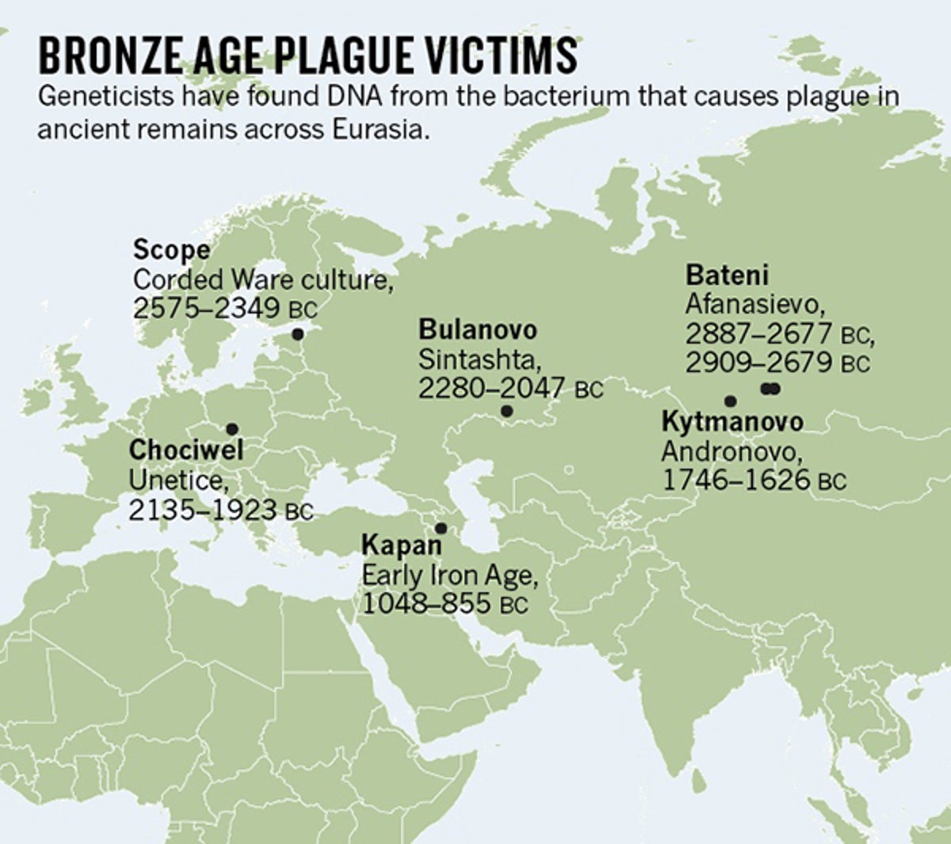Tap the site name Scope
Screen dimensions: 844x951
click(x=171, y=250)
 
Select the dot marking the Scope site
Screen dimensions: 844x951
click(x=298, y=334)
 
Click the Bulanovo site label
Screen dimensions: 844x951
click(x=477, y=329)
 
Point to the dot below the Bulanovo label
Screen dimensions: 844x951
click(x=506, y=411)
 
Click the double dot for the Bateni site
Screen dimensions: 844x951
click(x=770, y=388)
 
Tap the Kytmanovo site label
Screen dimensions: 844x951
click(x=731, y=421)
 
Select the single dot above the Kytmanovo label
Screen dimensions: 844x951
click(x=730, y=401)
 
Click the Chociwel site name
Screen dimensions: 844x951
click(x=185, y=450)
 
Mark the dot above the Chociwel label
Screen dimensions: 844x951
click(x=231, y=428)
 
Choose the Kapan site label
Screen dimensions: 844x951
click(x=401, y=546)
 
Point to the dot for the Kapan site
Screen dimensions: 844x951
click(x=441, y=528)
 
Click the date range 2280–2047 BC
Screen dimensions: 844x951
click(x=510, y=389)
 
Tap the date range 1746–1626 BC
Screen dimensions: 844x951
click(x=753, y=480)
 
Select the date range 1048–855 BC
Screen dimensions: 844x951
click(x=444, y=604)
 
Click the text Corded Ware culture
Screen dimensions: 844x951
click(x=263, y=279)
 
